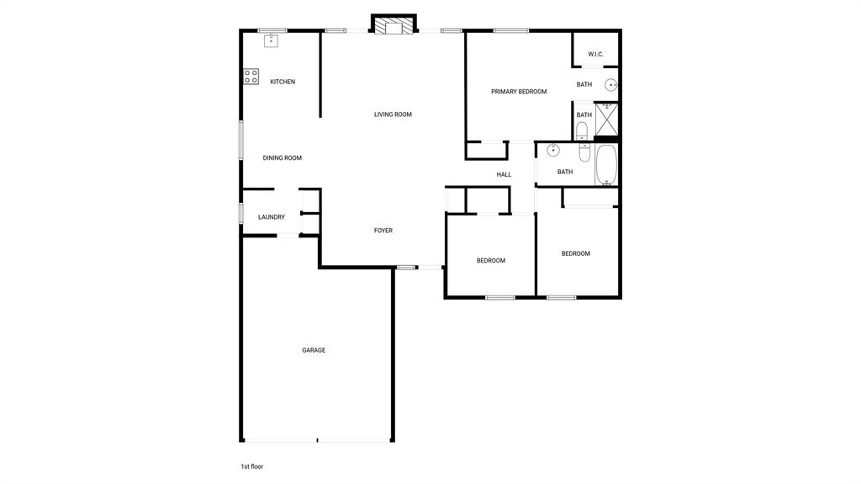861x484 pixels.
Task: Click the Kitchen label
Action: point(283,82)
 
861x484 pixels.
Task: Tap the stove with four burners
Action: point(251,77)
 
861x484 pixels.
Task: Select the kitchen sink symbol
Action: point(272,40)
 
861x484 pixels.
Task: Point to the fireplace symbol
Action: point(394,27)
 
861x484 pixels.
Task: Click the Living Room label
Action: point(393,114)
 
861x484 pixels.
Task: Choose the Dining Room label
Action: point(282,157)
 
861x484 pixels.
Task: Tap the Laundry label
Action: point(271,217)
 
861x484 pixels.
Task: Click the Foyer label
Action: point(383,231)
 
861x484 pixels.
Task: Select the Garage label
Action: point(314,350)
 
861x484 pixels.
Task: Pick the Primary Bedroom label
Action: point(519,92)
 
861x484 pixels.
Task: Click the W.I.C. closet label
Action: point(595,55)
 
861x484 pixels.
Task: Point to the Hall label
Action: point(504,175)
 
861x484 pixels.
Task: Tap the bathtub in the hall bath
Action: point(606,164)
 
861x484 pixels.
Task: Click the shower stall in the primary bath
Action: point(606,119)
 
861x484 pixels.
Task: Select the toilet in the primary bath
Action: point(582,130)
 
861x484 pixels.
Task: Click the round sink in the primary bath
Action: point(611,85)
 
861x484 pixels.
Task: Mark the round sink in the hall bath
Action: point(553,151)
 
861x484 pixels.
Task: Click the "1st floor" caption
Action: point(252,466)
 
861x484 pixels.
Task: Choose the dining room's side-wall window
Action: point(240,141)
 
